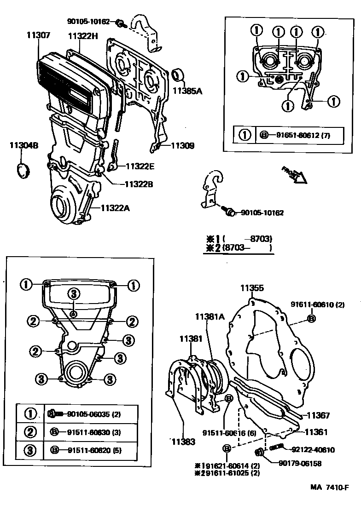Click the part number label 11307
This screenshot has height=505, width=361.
coord(38,35)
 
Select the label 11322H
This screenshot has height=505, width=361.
coord(83,36)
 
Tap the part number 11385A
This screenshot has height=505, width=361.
coord(187,91)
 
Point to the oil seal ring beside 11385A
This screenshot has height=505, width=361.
coord(178,75)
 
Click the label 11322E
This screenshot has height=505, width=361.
coord(140,166)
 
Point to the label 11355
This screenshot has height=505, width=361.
coord(252,288)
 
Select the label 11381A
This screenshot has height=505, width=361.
coord(210,316)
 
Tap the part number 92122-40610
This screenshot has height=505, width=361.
coord(313,450)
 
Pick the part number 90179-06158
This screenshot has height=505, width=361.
coord(306,463)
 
